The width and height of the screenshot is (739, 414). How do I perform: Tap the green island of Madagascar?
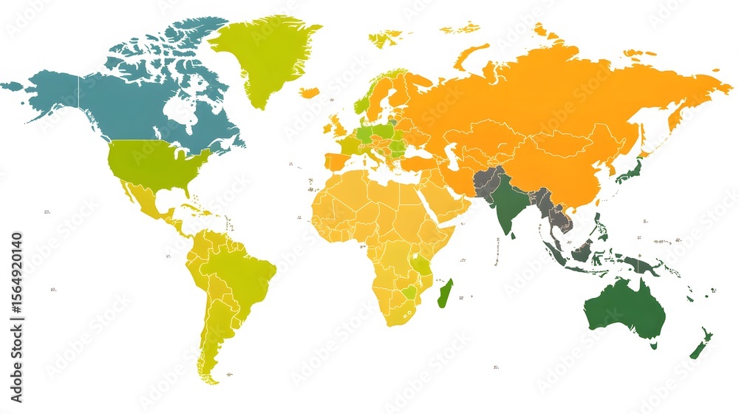(444, 293)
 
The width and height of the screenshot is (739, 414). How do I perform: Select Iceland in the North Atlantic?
(309, 92)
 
